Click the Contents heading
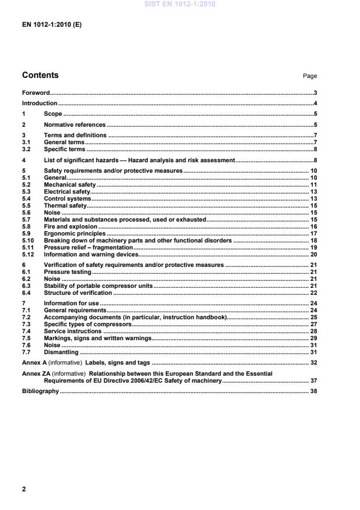(x=40, y=75)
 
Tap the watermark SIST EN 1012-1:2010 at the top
(x=180, y=4)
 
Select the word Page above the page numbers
(x=310, y=76)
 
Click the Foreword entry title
(x=35, y=93)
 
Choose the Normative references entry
(x=74, y=125)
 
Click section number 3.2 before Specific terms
(x=26, y=149)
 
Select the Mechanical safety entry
(x=70, y=184)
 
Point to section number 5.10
(x=27, y=240)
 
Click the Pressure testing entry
(x=67, y=272)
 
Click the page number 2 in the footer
(x=24, y=489)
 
